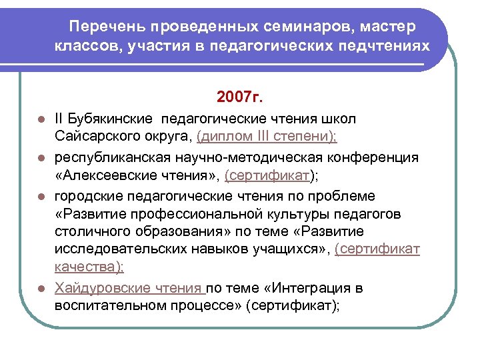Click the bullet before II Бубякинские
(41, 120)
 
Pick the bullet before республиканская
(41, 158)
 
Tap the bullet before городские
(41, 197)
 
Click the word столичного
(93, 232)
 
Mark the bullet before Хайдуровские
(41, 289)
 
